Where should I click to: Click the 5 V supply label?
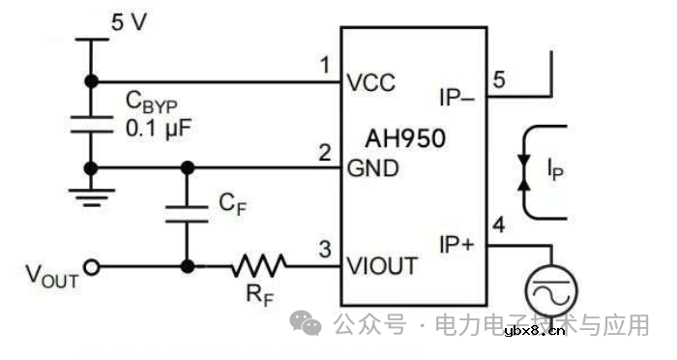[130, 21]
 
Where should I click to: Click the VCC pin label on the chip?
[371, 82]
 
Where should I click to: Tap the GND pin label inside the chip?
[371, 170]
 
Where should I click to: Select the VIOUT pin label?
[383, 265]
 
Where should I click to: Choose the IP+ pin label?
[456, 245]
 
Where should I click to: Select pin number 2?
[325, 153]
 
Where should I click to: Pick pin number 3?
[326, 249]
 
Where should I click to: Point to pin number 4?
[499, 227]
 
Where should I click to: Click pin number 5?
[498, 79]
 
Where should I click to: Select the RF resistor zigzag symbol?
[255, 265]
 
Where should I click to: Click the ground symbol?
[91, 197]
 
